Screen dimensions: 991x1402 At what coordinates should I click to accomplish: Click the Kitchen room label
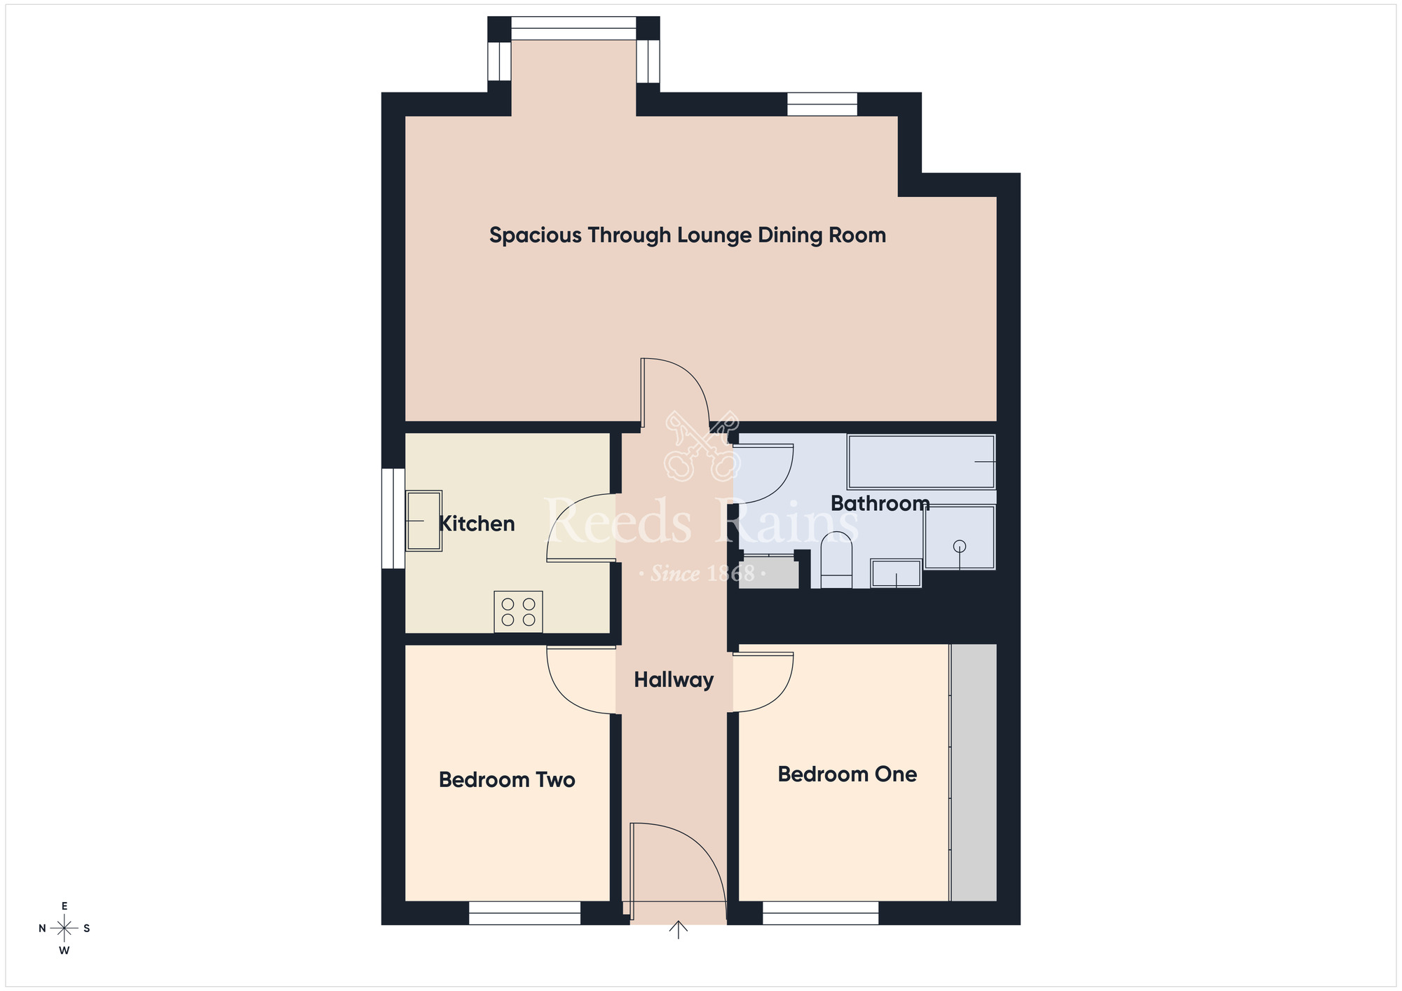pos(476,524)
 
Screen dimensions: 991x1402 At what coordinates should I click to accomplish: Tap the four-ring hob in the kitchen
pos(518,612)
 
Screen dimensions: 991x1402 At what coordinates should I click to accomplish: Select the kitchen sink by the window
pos(423,521)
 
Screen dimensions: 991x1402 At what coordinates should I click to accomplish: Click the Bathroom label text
pos(880,503)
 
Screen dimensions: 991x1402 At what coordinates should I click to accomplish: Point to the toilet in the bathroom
pos(836,561)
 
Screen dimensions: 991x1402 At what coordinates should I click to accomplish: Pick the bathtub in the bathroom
pos(920,462)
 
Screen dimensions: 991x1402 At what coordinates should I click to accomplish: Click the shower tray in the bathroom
pos(959,538)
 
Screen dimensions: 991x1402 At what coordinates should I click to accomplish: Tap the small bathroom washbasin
pos(895,573)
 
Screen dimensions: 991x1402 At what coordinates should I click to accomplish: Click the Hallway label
pos(673,680)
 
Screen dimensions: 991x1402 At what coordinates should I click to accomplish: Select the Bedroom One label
pos(847,774)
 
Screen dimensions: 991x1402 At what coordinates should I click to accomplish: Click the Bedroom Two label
pos(507,780)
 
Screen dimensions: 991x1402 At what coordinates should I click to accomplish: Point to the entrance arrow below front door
pos(678,930)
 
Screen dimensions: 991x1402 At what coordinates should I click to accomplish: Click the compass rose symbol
pos(64,929)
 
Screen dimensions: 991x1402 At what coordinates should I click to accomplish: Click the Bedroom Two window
pos(524,913)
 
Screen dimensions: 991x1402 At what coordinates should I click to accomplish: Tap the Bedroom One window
pos(820,913)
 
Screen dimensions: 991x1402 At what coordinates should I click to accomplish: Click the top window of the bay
pos(573,29)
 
